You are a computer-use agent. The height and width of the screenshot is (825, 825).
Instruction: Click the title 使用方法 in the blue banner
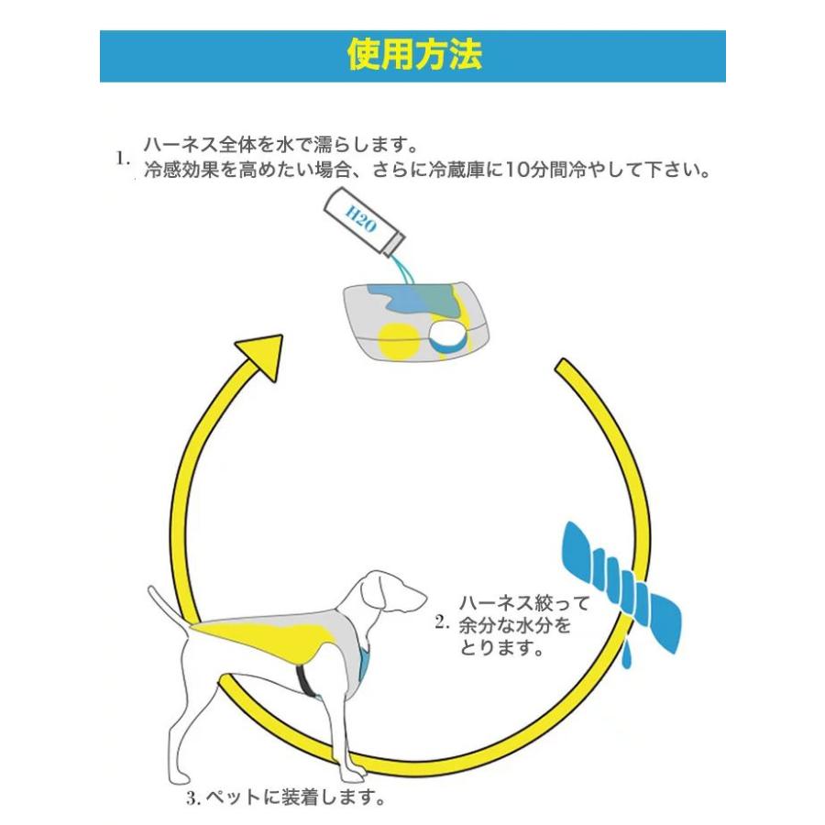pyautogui.click(x=414, y=55)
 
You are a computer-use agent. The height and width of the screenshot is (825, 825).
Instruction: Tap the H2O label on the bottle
pyautogui.click(x=361, y=219)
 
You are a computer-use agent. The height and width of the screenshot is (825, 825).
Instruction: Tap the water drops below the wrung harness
pyautogui.click(x=626, y=655)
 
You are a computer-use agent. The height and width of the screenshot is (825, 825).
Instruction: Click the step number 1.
pyautogui.click(x=123, y=158)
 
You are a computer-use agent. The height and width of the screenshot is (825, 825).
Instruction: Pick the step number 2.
pyautogui.click(x=442, y=622)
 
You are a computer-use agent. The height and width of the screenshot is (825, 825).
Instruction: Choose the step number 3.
pyautogui.click(x=193, y=798)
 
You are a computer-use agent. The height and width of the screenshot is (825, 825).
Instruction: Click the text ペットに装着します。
pyautogui.click(x=294, y=797)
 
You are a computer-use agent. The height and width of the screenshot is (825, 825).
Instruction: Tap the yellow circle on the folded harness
pyautogui.click(x=399, y=340)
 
